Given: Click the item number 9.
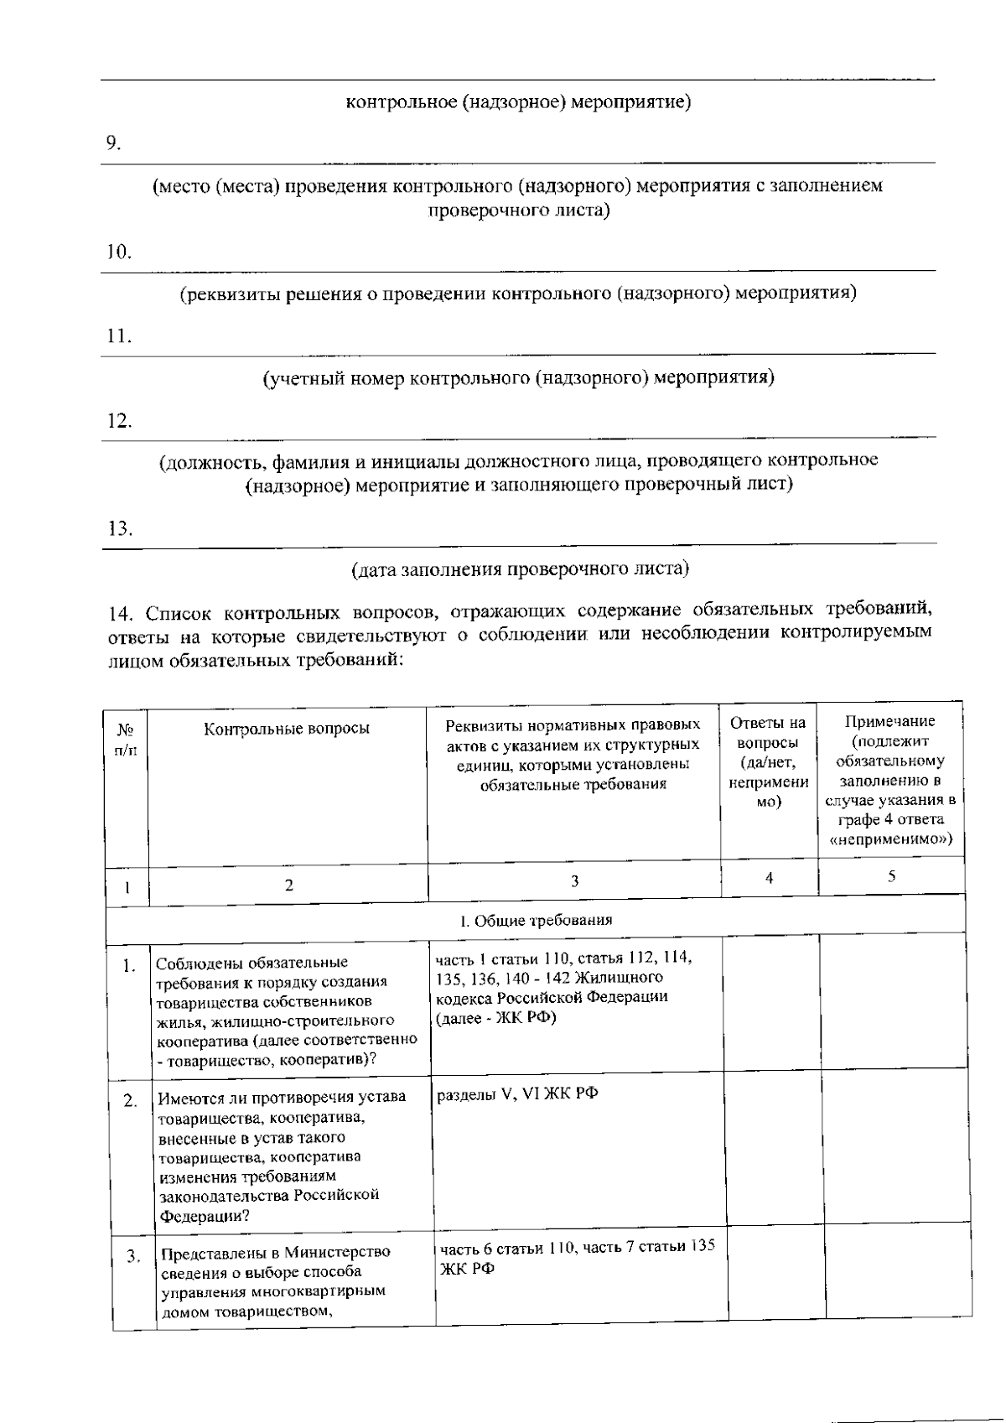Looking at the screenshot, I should (113, 143).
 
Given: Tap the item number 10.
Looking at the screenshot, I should (118, 252).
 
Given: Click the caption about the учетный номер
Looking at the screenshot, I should (518, 378).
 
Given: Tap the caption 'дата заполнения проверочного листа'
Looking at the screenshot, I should (519, 569).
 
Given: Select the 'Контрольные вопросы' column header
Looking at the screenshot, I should (287, 729).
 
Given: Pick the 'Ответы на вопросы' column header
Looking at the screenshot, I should (768, 761).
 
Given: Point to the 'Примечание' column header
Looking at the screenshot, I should (889, 780).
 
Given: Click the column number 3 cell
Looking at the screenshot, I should (574, 880).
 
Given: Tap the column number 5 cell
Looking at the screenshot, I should (891, 876).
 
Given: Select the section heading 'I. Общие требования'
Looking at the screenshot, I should (536, 920).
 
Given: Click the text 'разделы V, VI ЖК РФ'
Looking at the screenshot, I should (517, 1094).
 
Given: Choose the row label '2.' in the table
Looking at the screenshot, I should (131, 1101).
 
